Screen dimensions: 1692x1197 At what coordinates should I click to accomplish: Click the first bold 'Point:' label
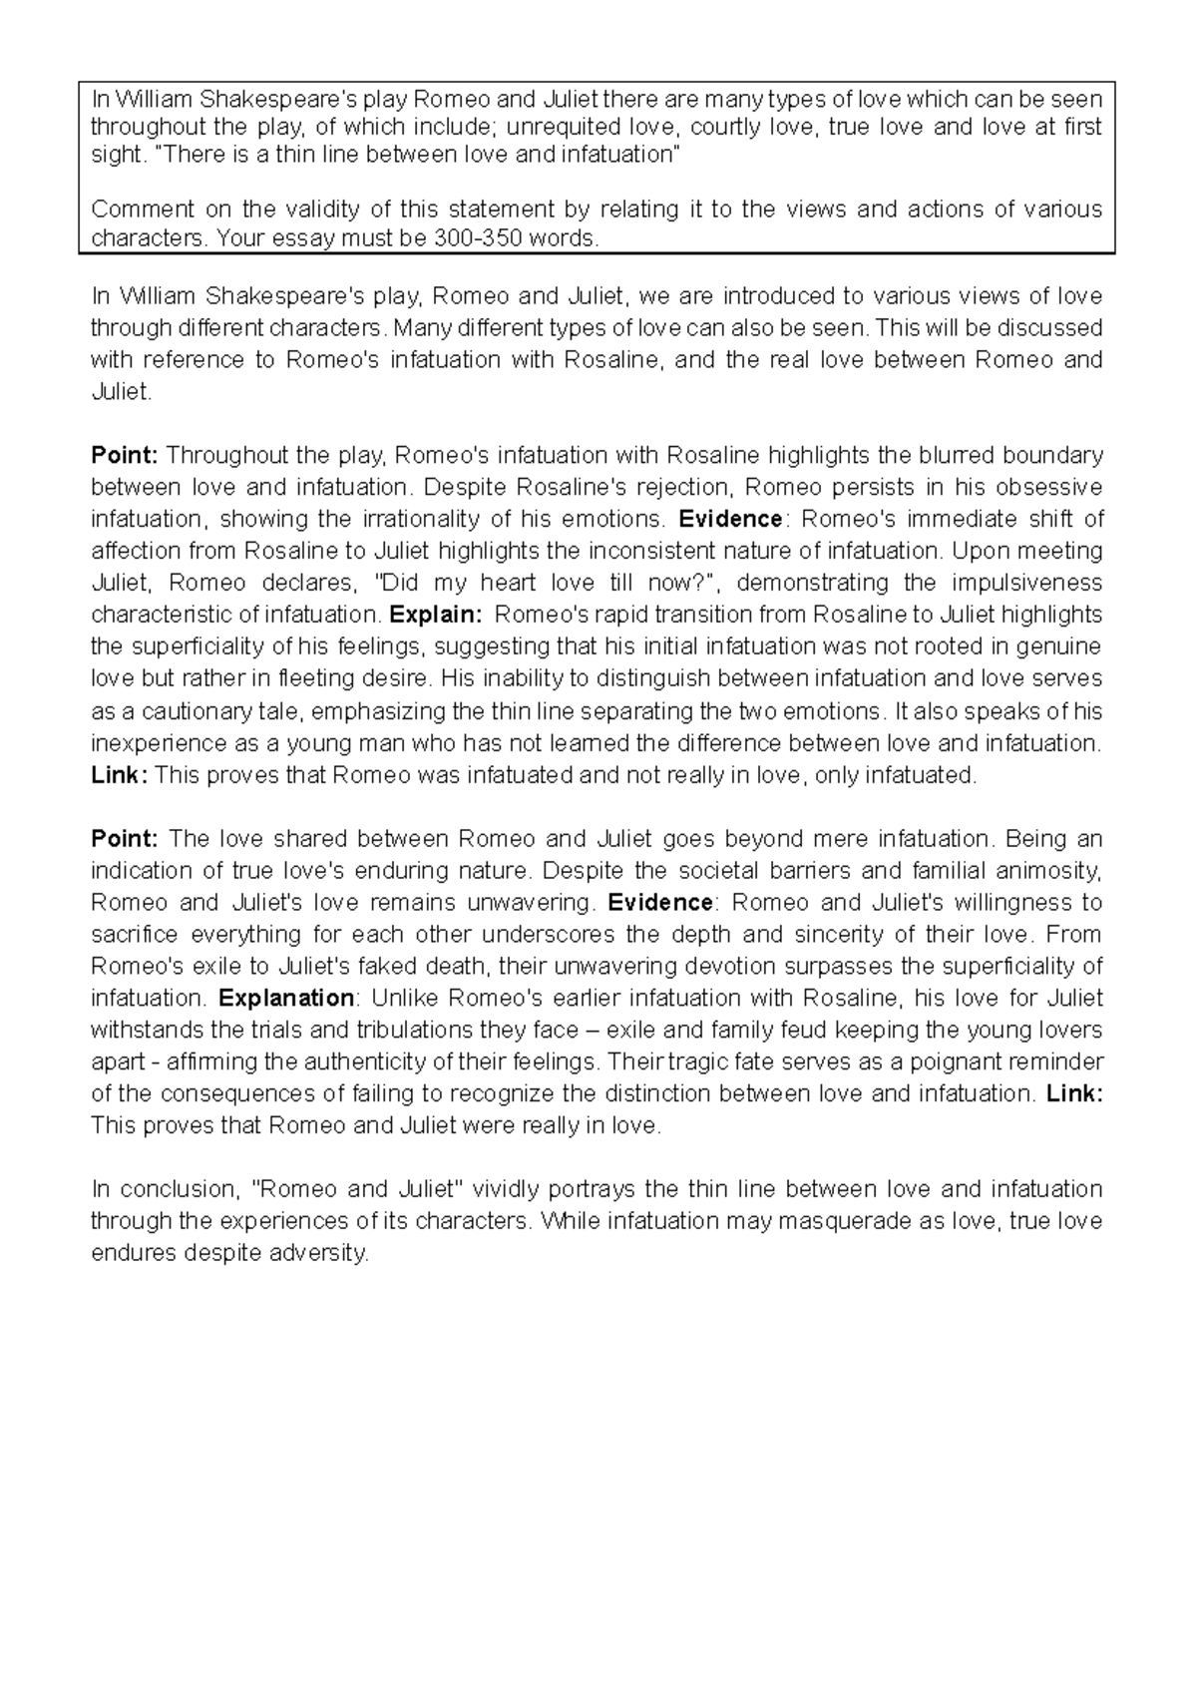[x=124, y=456]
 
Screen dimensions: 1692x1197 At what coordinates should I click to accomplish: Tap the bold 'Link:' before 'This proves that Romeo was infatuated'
[x=119, y=775]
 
